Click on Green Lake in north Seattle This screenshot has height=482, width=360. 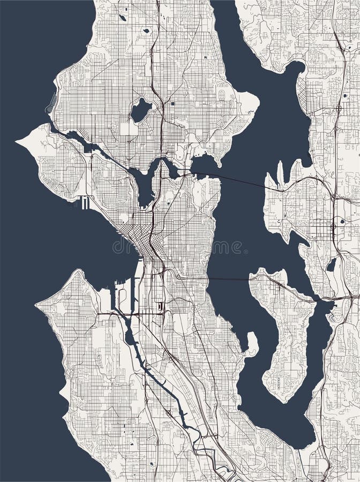click(x=141, y=110)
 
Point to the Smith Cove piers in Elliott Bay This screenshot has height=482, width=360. click(x=84, y=202)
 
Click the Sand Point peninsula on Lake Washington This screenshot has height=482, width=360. click(x=247, y=102)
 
